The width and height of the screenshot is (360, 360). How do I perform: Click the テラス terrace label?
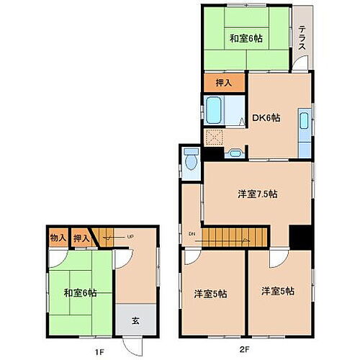click(302, 37)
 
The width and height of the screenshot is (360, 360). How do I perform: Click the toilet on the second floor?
click(191, 160)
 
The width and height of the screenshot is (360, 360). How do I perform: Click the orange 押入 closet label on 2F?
click(225, 83)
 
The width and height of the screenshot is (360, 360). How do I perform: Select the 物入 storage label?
click(58, 238)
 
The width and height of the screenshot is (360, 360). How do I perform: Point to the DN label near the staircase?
click(192, 233)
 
